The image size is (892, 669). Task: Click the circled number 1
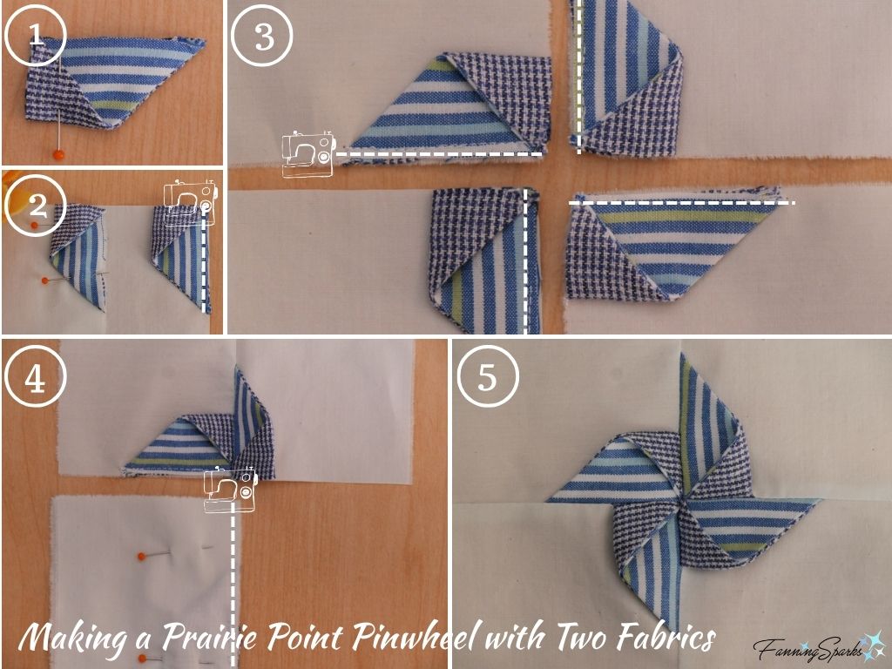click(x=35, y=36)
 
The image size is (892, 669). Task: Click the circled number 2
click(x=35, y=206)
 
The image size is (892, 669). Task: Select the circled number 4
click(x=35, y=380)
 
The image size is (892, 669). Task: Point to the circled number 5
click(x=487, y=380)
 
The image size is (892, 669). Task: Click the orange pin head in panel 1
click(x=58, y=155)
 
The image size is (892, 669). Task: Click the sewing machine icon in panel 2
click(x=190, y=203)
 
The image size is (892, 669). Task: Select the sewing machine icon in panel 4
click(x=230, y=490)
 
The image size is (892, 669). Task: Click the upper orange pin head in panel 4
click(x=140, y=555)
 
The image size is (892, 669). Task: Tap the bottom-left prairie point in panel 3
click(x=483, y=261)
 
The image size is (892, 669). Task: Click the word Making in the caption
click(x=71, y=639)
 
